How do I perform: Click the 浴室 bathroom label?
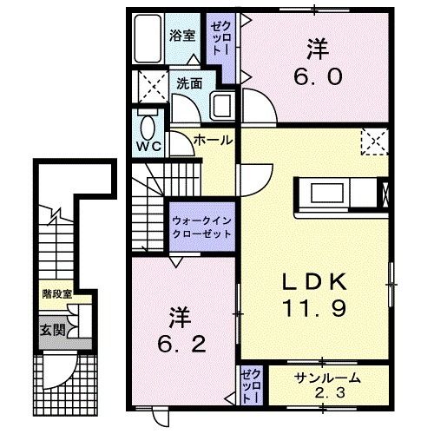tap(183, 38)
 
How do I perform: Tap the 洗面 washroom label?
tap(191, 83)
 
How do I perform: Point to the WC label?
tap(145, 145)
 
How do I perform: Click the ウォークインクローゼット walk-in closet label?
tap(201, 227)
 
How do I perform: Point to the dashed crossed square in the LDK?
tap(374, 141)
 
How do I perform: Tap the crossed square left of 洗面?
tap(144, 87)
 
